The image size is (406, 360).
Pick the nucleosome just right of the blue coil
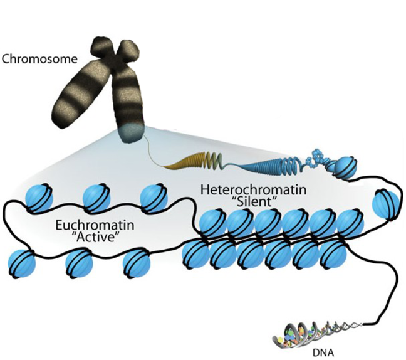coord(343,167)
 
